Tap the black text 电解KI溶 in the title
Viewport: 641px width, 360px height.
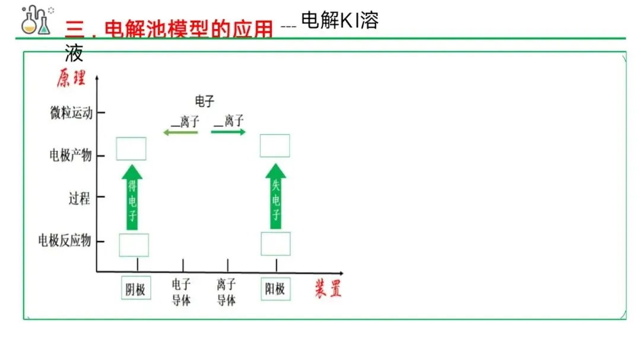coord(339,21)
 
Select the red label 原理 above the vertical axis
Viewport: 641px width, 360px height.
coord(71,78)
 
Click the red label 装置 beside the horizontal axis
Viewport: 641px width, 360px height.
coord(328,289)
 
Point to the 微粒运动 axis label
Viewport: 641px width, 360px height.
coord(71,113)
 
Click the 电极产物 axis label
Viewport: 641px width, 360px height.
coord(71,156)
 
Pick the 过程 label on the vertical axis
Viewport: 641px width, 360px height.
coord(79,198)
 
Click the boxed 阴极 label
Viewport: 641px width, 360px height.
coord(135,289)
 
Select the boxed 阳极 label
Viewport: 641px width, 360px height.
coord(275,289)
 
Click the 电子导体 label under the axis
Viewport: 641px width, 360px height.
coord(181,292)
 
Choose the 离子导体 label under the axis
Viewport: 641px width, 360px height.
coord(226,292)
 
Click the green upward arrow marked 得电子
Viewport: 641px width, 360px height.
coord(132,197)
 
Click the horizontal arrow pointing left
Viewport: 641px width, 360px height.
coord(180,133)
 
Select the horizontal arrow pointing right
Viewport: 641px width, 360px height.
coord(228,132)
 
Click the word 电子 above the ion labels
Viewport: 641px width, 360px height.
coord(204,101)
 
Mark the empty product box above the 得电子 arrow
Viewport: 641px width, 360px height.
coord(131,149)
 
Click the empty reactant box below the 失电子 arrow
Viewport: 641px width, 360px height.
coord(275,244)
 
